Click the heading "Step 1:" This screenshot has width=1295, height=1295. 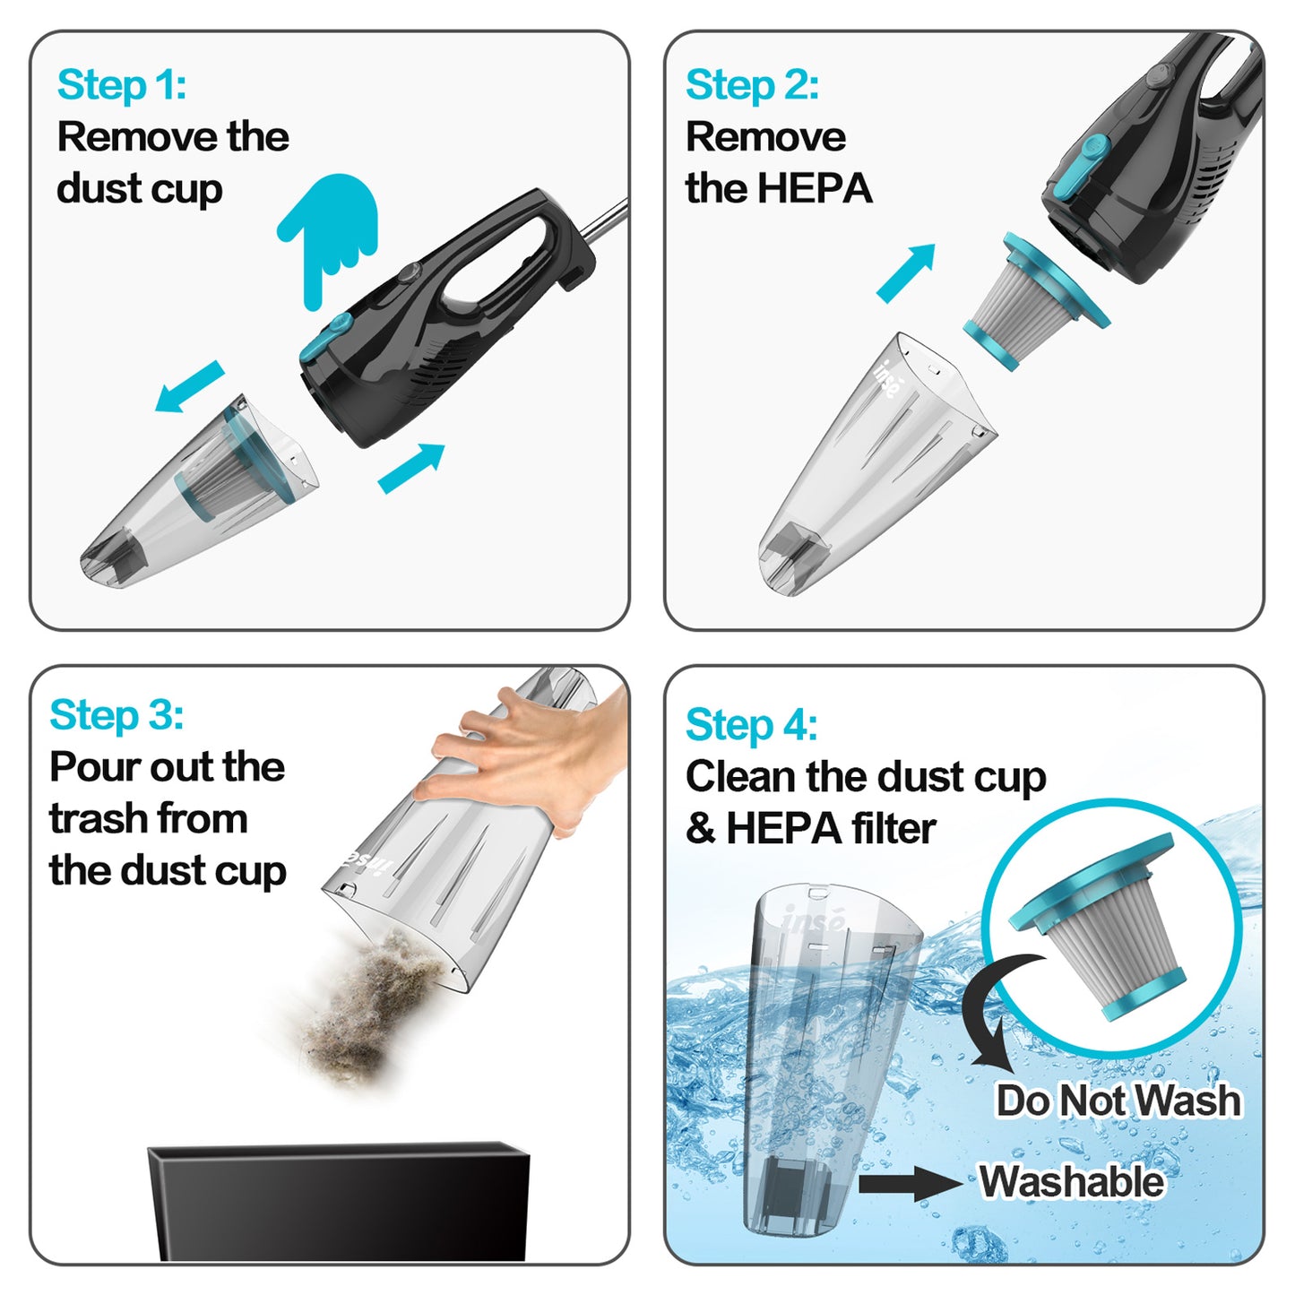tap(122, 85)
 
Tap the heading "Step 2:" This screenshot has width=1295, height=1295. tap(751, 85)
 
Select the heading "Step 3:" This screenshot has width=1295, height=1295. tap(117, 715)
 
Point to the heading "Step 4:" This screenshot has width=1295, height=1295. tap(751, 724)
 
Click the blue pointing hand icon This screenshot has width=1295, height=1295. tap(330, 235)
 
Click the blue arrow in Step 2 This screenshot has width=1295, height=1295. tap(906, 272)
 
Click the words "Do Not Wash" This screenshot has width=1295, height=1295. tap(1118, 1101)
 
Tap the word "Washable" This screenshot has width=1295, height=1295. tap(1071, 1181)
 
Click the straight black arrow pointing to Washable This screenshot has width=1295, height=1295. tap(910, 1184)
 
